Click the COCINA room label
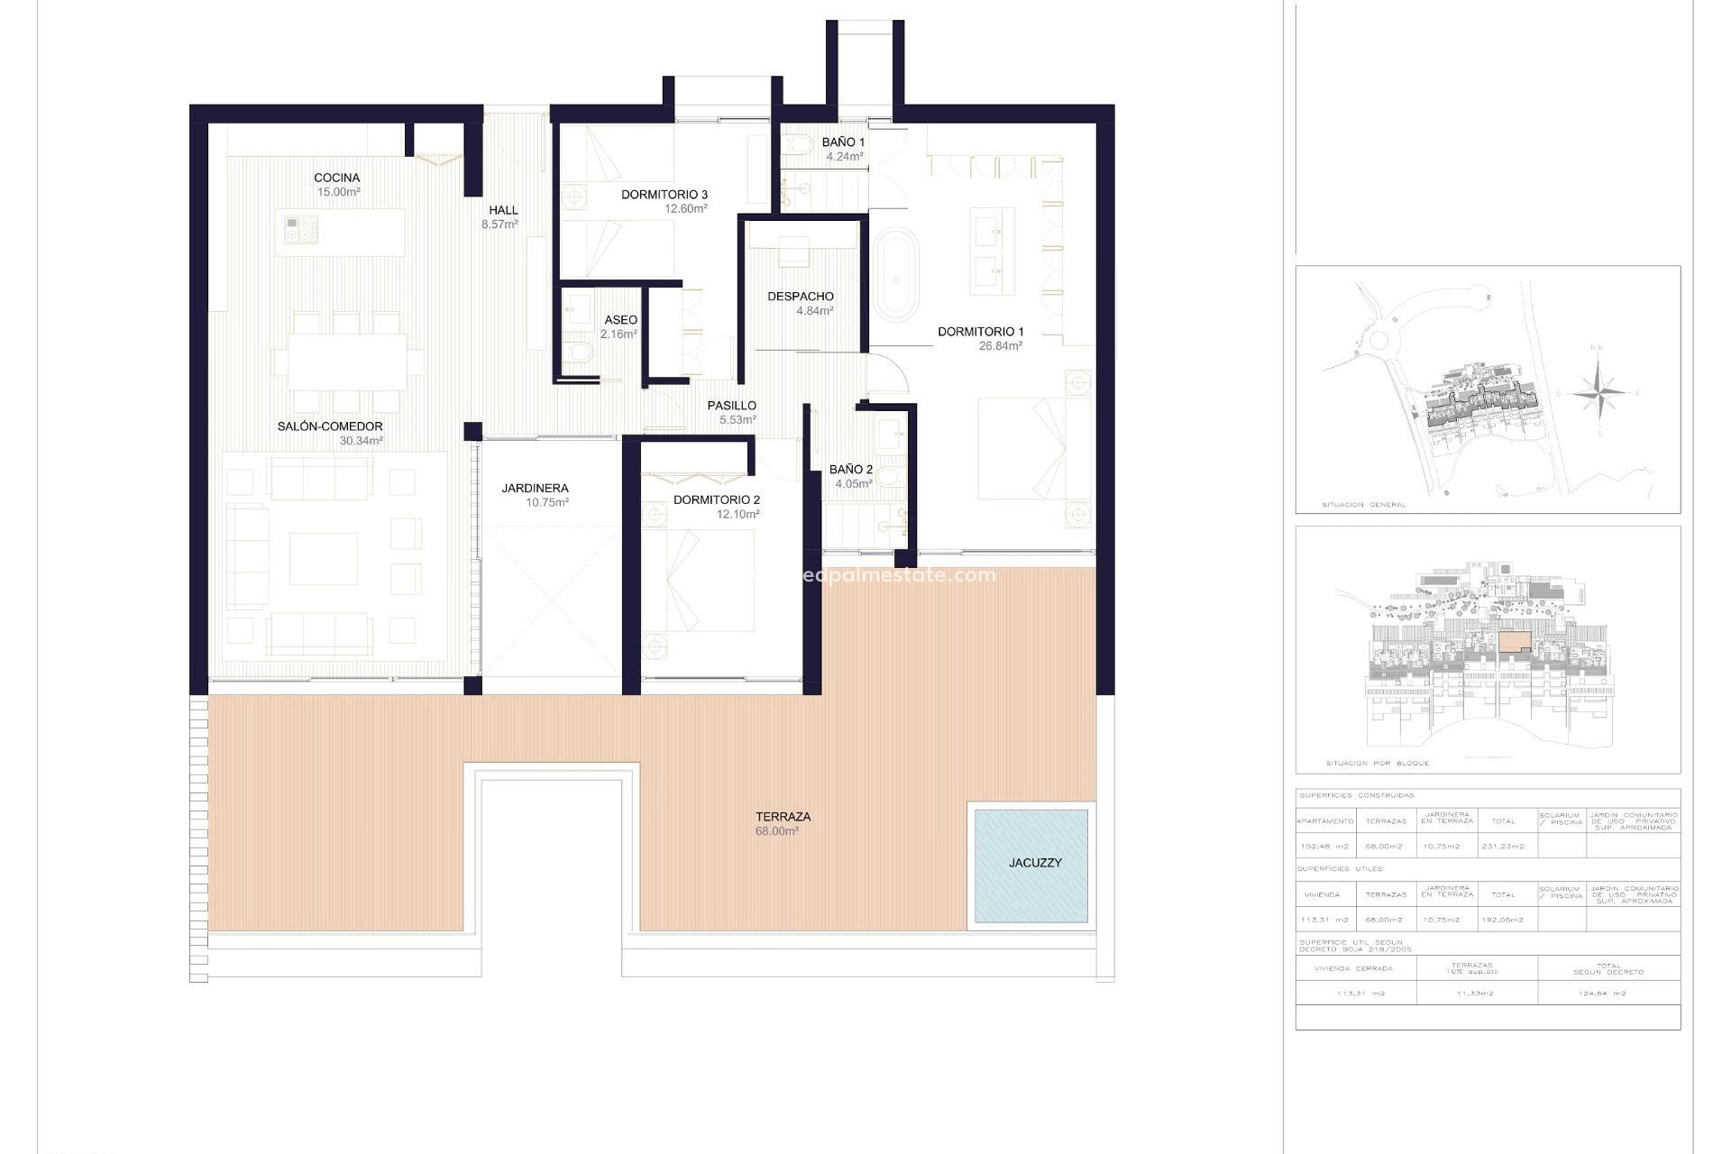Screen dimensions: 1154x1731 point(336,178)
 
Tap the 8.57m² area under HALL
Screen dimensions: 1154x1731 point(499,224)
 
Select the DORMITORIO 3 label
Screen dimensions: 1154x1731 point(664,194)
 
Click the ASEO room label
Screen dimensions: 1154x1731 point(620,320)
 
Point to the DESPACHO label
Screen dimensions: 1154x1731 point(800,296)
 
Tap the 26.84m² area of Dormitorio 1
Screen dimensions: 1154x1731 point(1000,346)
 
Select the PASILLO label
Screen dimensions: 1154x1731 point(731,406)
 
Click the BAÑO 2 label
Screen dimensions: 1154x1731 point(850,469)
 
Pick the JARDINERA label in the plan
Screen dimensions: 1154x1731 point(535,488)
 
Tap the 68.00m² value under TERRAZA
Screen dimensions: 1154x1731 point(776,831)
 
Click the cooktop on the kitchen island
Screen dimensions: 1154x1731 point(301,229)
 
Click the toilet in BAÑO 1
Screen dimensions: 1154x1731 point(796,144)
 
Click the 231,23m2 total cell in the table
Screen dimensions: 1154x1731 point(1503,847)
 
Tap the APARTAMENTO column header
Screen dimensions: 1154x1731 point(1324,821)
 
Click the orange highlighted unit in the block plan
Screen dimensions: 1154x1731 point(1515,641)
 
